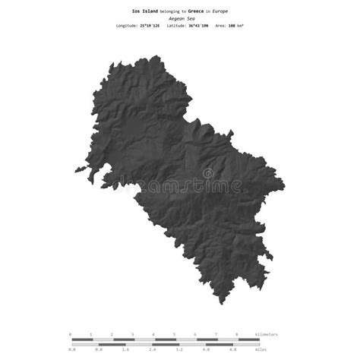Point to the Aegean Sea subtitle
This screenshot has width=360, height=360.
pos(180,18)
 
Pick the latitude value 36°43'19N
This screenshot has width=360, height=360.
pos(199,26)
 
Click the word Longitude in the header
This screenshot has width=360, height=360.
pos(126,26)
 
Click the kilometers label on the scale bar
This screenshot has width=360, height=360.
pos(267,334)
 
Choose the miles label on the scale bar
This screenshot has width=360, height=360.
pos(261,349)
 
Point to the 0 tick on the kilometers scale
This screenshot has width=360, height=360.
pos(70,334)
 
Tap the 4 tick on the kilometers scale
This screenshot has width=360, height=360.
pos(153,334)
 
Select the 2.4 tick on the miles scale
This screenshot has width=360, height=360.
pos(153,349)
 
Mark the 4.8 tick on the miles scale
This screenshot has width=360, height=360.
pos(233,349)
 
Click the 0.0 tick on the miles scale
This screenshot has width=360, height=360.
pos(71,349)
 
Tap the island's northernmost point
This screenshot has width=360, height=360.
pos(156,56)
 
